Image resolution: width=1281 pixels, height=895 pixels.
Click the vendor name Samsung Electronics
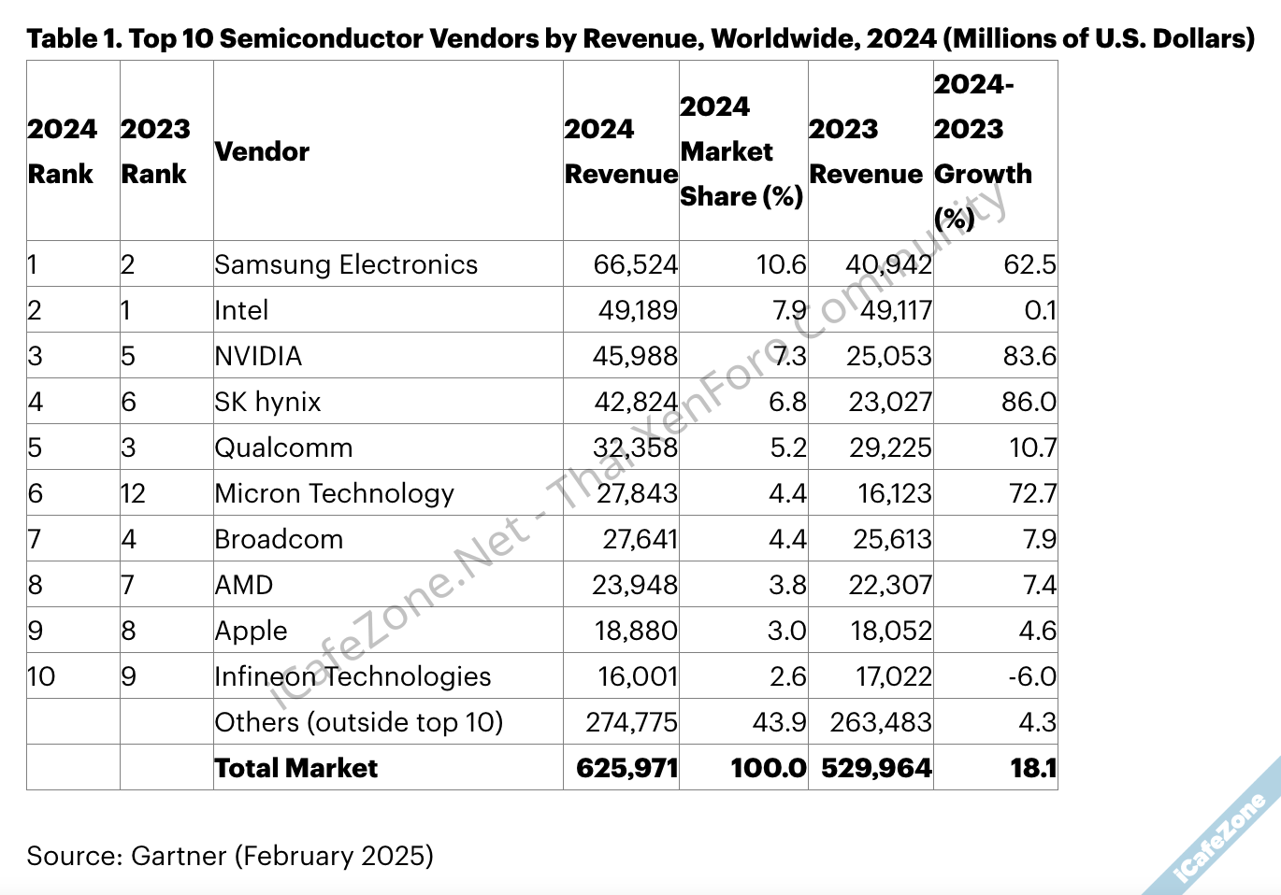pos(345,264)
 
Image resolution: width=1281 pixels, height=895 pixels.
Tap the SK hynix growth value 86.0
pos(1029,402)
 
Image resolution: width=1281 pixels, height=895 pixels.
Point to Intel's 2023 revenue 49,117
pos(895,310)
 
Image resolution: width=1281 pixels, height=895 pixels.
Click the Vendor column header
pos(262,151)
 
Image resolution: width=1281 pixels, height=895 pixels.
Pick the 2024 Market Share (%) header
pos(741,151)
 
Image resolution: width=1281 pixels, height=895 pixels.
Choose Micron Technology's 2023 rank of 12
pos(134,493)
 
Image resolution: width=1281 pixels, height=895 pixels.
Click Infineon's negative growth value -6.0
pos(1031,676)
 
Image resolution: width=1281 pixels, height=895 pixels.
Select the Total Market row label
pos(295,768)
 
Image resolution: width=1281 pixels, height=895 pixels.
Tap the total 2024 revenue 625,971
pos(626,768)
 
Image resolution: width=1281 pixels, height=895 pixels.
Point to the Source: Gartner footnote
pos(229,856)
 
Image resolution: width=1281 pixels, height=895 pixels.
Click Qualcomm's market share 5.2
pos(787,447)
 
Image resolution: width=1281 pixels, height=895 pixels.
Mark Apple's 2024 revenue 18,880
pos(635,631)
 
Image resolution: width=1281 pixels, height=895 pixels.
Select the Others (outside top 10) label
pos(358,722)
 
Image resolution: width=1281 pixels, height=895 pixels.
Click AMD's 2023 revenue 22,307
pos(889,585)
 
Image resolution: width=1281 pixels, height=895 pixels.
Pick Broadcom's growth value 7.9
pos(1039,539)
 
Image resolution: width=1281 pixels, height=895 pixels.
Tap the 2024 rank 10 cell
pos(42,676)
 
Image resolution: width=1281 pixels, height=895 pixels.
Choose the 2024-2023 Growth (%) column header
pos(982,151)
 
